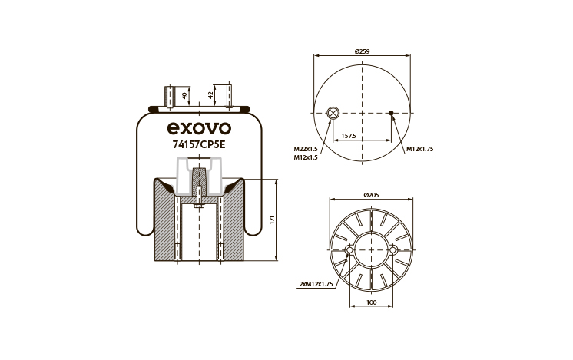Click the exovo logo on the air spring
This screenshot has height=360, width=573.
pyautogui.click(x=199, y=128)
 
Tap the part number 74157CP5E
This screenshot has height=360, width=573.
pyautogui.click(x=199, y=145)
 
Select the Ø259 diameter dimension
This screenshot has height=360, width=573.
pyautogui.click(x=362, y=51)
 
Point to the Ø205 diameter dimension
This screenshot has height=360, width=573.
pyautogui.click(x=371, y=195)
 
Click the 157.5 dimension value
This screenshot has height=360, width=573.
pyautogui.click(x=348, y=136)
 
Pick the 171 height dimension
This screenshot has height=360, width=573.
pyautogui.click(x=271, y=220)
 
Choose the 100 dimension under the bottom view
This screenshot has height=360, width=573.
pyautogui.click(x=371, y=302)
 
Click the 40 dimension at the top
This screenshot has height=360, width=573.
pyautogui.click(x=184, y=96)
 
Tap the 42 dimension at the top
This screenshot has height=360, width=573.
pyautogui.click(x=210, y=95)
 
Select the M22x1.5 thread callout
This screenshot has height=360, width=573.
pyautogui.click(x=306, y=149)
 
